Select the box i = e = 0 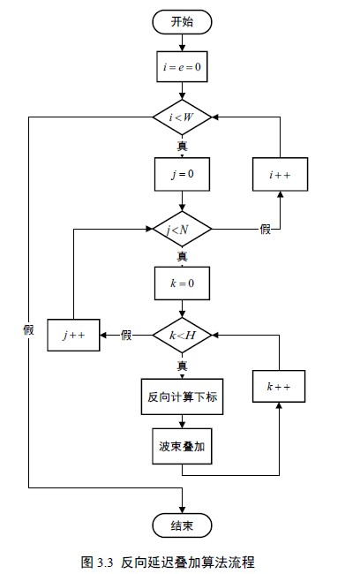(182, 65)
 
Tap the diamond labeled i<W (182, 117)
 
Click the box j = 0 (182, 174)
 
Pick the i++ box (281, 175)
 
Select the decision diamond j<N (182, 230)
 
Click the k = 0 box (182, 284)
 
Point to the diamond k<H (182, 335)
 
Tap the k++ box (280, 387)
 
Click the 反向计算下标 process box (182, 397)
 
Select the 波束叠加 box (182, 447)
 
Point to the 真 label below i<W (182, 145)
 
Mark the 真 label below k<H (182, 365)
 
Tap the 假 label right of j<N (265, 230)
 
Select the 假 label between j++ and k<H (126, 335)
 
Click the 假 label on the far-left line (28, 329)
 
